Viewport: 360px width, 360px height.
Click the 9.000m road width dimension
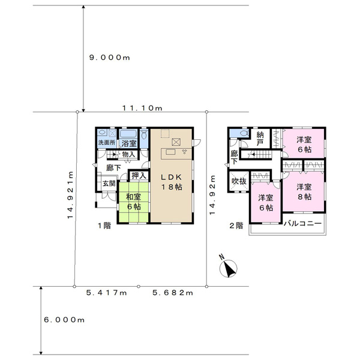pyautogui.click(x=110, y=58)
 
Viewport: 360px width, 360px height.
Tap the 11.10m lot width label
pyautogui.click(x=142, y=108)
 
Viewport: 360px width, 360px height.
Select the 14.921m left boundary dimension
pyautogui.click(x=70, y=195)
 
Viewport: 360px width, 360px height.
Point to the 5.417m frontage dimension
pyautogui.click(x=107, y=293)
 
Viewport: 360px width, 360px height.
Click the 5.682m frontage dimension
pyautogui.click(x=173, y=293)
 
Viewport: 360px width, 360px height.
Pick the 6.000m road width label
pyautogui.click(x=64, y=320)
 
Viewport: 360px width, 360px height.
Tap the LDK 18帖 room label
pyautogui.click(x=172, y=182)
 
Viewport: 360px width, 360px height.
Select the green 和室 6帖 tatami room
pyautogui.click(x=133, y=202)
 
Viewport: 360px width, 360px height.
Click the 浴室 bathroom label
pyautogui.click(x=129, y=143)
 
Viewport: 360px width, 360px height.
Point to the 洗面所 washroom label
pyautogui.click(x=107, y=142)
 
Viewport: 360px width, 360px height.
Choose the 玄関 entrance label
pyautogui.click(x=109, y=184)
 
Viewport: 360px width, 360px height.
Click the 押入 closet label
pyautogui.click(x=139, y=176)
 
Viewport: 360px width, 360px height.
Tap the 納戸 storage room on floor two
pyautogui.click(x=260, y=139)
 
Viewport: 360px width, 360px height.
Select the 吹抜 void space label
pyautogui.click(x=239, y=181)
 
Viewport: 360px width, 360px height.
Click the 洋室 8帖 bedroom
pyautogui.click(x=304, y=191)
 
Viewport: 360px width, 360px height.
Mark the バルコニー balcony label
pyautogui.click(x=302, y=223)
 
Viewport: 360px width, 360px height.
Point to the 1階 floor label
pyautogui.click(x=104, y=226)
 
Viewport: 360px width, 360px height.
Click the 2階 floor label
pyautogui.click(x=236, y=226)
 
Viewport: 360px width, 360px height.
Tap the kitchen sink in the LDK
pyautogui.click(x=170, y=152)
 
